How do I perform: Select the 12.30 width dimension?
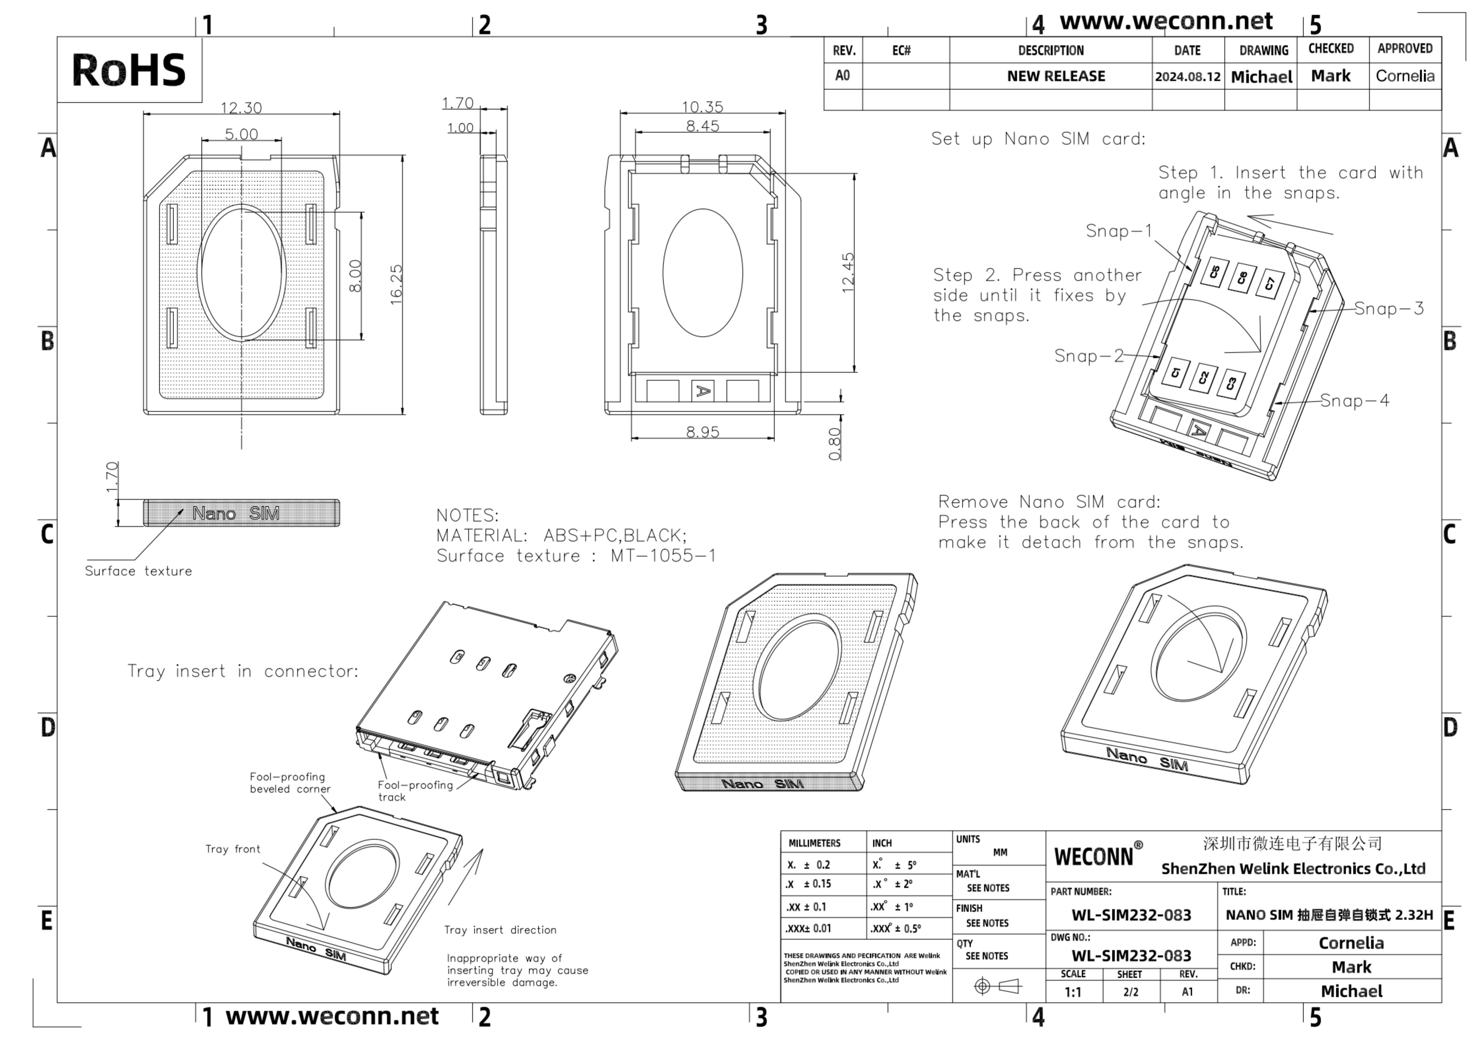[241, 107]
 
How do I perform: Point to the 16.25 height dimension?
[396, 284]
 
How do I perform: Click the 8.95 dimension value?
[703, 432]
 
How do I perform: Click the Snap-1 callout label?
[1119, 231]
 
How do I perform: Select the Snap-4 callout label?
[1354, 401]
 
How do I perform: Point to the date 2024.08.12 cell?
[1187, 76]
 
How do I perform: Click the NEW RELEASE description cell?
[1055, 76]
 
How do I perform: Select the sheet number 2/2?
[1130, 992]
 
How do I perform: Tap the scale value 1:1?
[1073, 992]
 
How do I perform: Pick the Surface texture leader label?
[138, 571]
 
